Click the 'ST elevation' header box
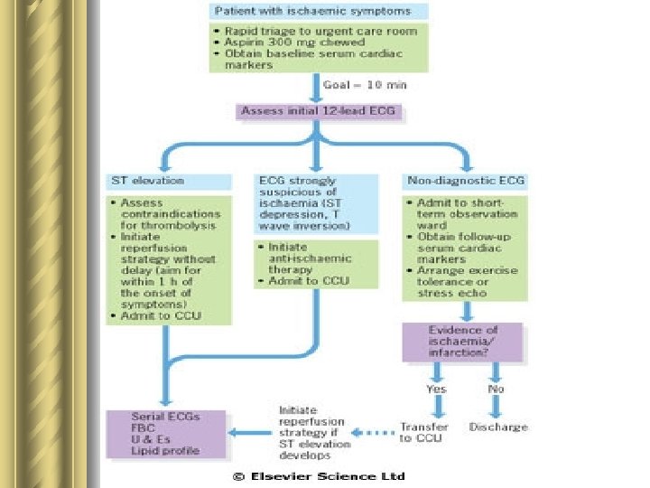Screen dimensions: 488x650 [169, 181]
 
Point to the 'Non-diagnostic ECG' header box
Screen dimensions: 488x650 [466, 181]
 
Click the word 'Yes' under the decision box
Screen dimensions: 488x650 [436, 389]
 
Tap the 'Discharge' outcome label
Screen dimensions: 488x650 [498, 427]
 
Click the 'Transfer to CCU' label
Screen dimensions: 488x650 [424, 432]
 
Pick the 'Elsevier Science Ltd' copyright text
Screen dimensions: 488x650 [319, 476]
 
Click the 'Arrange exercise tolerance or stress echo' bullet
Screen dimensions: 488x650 [466, 281]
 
